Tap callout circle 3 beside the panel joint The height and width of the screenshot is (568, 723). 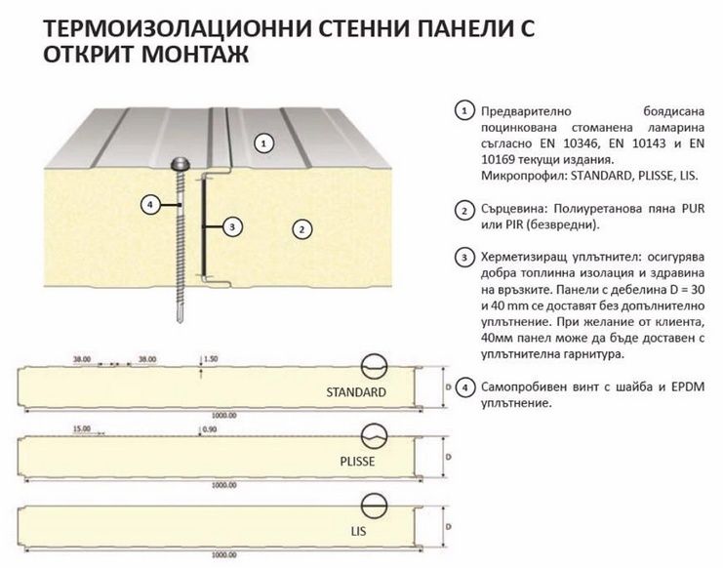tap(231, 226)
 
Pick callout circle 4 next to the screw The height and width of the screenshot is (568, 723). tap(149, 205)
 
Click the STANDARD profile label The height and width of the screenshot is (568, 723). tap(357, 392)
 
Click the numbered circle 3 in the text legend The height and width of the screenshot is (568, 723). tap(465, 258)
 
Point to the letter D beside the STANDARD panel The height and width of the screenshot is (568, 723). tap(446, 387)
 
